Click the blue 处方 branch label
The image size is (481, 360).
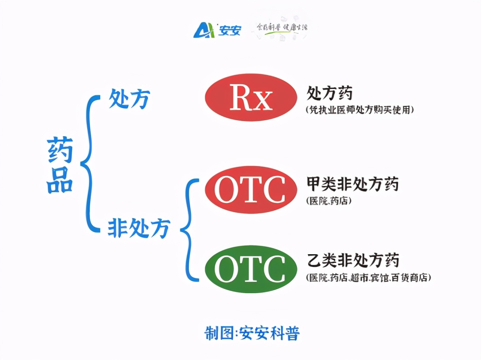click(129, 99)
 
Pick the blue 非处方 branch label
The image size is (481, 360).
click(138, 228)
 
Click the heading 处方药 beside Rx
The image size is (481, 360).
click(329, 92)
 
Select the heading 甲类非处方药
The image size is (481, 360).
click(353, 184)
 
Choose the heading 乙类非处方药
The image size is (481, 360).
click(353, 261)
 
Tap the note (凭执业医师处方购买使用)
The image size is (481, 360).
click(359, 110)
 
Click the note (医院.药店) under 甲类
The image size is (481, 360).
click(328, 201)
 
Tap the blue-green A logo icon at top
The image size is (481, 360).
click(204, 30)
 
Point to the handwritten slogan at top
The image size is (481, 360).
click(282, 29)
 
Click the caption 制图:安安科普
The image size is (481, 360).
click(252, 333)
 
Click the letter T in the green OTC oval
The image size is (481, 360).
click(250, 269)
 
